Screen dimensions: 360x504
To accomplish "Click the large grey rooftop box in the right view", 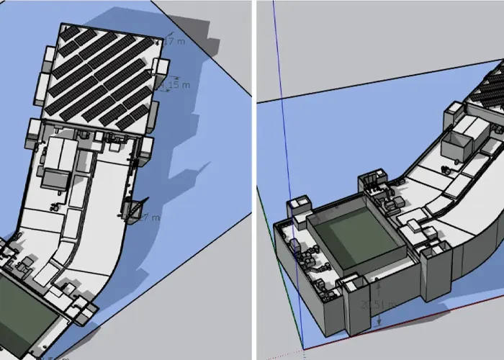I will (x=464, y=137).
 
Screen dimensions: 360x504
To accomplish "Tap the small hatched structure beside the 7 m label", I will (x=132, y=209).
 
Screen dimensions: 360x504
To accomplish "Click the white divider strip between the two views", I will (x=253, y=180).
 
